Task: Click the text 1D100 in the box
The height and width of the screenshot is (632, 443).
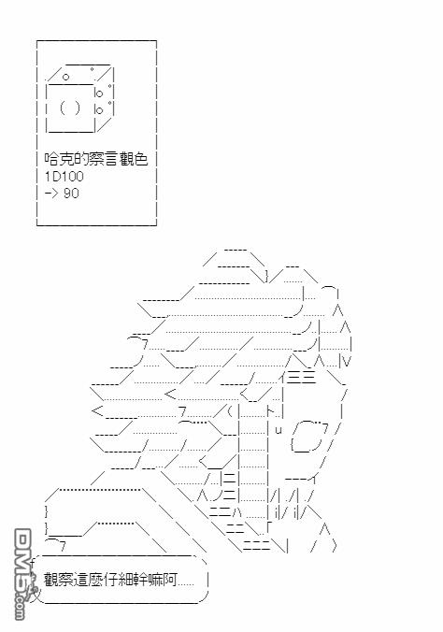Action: [64, 176]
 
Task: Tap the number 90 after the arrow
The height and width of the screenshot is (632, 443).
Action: [71, 194]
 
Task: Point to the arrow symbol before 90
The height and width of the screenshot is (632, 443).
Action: [51, 194]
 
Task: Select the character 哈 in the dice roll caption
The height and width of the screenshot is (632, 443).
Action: [52, 159]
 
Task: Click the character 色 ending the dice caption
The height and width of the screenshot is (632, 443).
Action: [141, 159]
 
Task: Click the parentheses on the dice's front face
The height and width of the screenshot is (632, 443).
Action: [70, 108]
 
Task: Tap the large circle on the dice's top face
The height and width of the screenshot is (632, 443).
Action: [65, 77]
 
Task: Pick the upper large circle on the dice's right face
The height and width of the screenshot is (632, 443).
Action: [99, 93]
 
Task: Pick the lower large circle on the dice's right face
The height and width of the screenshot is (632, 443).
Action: [99, 110]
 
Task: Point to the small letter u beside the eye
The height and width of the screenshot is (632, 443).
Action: [279, 430]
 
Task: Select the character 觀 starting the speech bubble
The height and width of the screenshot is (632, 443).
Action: [51, 580]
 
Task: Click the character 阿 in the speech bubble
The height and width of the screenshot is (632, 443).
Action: [170, 580]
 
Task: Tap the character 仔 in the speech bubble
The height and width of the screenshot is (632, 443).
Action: [111, 580]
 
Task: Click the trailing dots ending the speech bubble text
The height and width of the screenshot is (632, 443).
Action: [186, 584]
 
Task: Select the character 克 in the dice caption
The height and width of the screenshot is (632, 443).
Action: [66, 159]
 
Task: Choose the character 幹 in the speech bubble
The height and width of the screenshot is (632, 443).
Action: [141, 580]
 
